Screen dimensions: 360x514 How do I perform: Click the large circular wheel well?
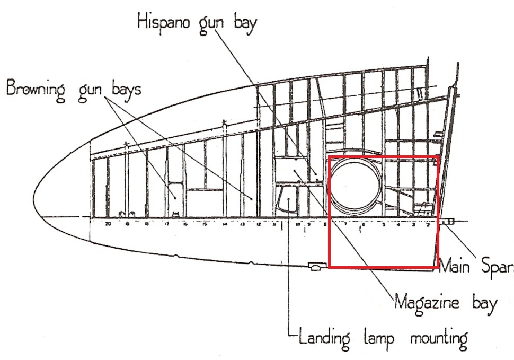(x=356, y=184)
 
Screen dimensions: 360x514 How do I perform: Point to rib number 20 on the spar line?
(x=108, y=224)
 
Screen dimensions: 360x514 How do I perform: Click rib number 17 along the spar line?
(x=167, y=224)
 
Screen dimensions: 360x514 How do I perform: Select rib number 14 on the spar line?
(x=225, y=224)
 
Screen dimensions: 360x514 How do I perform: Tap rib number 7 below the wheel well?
(x=345, y=224)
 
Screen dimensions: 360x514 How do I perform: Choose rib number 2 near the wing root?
(x=428, y=224)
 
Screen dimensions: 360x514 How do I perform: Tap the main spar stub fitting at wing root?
(x=448, y=222)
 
